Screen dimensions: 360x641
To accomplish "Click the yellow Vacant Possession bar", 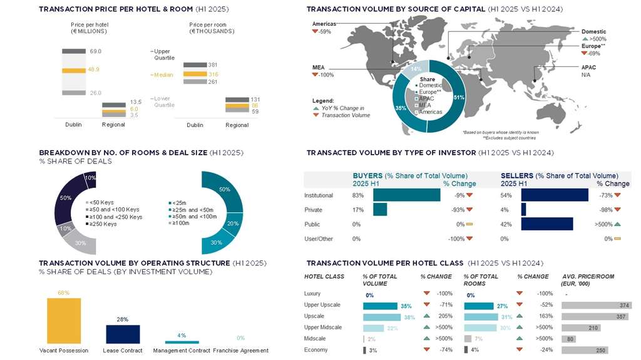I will [64, 320].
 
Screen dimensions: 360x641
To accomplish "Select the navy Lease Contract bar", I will [123, 334].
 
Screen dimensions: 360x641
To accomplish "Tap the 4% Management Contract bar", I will [182, 342].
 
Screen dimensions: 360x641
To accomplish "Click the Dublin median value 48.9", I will [94, 69].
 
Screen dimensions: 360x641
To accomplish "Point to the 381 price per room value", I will [213, 64].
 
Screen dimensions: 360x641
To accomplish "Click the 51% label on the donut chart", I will [458, 97].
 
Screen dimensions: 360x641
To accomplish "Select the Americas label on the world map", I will [325, 24].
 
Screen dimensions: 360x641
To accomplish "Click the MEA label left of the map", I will [318, 67].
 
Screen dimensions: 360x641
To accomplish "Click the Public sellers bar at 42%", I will [546, 224].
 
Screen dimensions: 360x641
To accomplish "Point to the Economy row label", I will [315, 350].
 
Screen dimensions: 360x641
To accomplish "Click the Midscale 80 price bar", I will [569, 339].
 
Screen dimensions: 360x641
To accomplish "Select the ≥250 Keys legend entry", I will [103, 224].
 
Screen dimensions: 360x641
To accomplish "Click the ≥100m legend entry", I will [181, 222].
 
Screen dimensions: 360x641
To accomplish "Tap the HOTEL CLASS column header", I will [324, 276].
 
